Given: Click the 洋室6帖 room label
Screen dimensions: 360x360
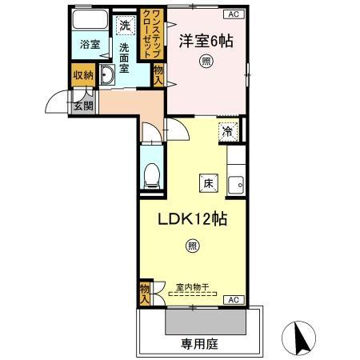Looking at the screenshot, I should tap(206, 38).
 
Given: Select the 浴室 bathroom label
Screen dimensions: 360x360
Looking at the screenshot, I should tap(90, 45).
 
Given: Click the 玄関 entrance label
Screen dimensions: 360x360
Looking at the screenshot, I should tap(83, 104).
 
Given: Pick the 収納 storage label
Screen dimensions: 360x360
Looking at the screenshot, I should tap(82, 76).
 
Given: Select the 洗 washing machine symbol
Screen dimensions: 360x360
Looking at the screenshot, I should tap(125, 25).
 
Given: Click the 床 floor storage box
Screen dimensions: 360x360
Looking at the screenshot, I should tap(207, 183).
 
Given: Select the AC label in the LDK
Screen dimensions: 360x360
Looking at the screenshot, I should tap(234, 300).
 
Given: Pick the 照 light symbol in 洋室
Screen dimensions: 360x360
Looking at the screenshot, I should tap(207, 61).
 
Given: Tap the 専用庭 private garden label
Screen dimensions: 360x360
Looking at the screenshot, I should tap(198, 345).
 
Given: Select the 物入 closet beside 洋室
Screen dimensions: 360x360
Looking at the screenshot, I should tap(158, 76).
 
